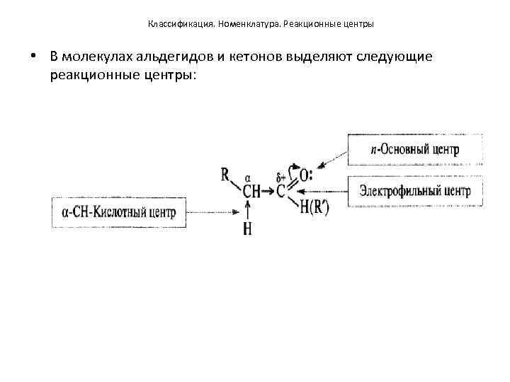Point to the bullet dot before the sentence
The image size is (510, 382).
click(33, 57)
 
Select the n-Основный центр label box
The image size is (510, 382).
click(414, 150)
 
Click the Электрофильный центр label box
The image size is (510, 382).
click(414, 190)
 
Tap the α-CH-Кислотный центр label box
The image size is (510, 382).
click(120, 212)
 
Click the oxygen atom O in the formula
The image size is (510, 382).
click(305, 175)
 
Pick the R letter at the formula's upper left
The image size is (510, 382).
click(225, 174)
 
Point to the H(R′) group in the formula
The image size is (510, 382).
click(314, 207)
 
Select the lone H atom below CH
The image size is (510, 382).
click(247, 229)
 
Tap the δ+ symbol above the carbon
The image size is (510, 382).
click(280, 177)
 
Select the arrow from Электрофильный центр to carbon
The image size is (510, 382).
click(322, 191)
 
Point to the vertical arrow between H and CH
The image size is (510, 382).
click(247, 210)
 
